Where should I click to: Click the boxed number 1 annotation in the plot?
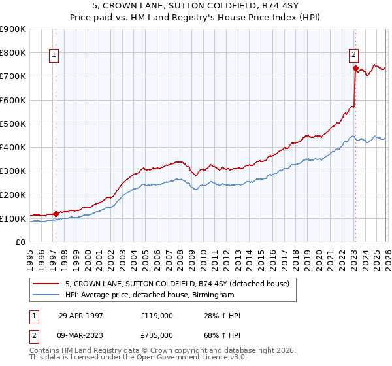(x=54, y=56)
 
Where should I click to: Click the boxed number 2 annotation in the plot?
(x=353, y=56)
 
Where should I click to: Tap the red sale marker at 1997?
(x=56, y=213)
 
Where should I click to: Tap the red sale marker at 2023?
(x=355, y=68)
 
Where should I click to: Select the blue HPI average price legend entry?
(x=149, y=295)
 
